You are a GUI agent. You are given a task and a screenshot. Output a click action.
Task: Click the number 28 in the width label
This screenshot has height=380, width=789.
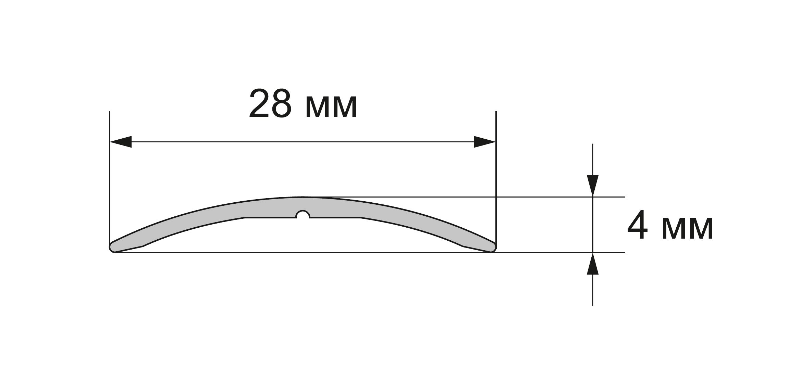(271, 103)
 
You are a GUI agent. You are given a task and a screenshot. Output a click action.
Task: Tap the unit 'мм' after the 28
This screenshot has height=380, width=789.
(331, 107)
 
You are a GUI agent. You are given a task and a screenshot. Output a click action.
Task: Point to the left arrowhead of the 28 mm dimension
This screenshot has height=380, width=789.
(121, 142)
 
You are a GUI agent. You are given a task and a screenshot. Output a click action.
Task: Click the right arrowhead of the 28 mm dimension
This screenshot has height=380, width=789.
(485, 142)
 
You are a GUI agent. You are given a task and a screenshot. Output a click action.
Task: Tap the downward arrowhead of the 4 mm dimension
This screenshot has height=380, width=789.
(593, 186)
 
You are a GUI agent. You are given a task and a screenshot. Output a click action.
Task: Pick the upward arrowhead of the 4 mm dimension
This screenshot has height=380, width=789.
(593, 264)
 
